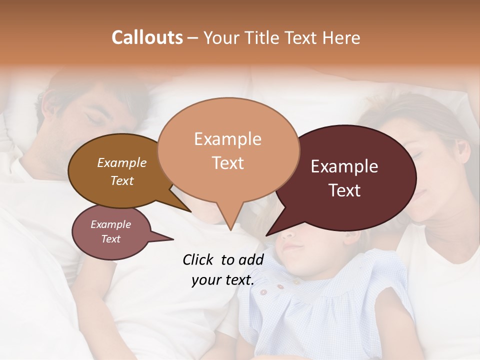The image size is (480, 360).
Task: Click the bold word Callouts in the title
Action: pyautogui.click(x=147, y=37)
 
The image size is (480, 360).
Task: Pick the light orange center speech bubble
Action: pyautogui.click(x=228, y=185)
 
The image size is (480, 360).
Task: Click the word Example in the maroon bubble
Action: pyautogui.click(x=344, y=167)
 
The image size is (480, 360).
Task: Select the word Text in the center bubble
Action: pyautogui.click(x=228, y=163)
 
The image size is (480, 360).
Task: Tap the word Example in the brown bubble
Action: pyautogui.click(x=122, y=163)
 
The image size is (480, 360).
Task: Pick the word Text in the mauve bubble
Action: pyautogui.click(x=111, y=239)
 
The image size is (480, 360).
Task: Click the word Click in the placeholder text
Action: pyautogui.click(x=198, y=259)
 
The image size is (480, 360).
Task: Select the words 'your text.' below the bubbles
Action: pyautogui.click(x=223, y=280)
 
